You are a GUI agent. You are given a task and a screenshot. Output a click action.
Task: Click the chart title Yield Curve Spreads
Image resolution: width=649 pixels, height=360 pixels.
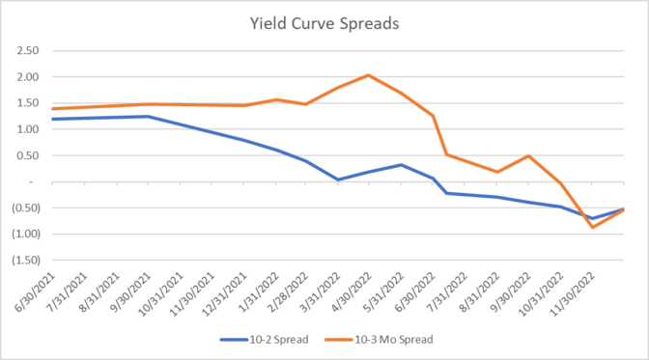[x=324, y=22]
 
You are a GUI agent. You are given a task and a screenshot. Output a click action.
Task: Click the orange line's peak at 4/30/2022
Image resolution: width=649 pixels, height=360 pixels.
[x=369, y=75]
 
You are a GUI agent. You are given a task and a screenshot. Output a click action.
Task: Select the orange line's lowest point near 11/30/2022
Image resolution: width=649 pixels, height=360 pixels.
[x=592, y=227]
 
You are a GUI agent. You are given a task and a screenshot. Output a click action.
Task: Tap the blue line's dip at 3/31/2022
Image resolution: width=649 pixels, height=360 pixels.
[x=337, y=179]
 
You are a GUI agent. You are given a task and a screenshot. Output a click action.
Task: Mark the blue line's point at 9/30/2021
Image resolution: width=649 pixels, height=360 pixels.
[x=147, y=116]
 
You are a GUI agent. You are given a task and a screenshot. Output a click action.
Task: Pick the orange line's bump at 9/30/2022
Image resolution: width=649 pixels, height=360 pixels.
[x=528, y=155]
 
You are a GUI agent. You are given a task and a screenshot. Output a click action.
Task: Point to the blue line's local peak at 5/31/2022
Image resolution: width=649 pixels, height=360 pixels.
[x=401, y=164]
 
